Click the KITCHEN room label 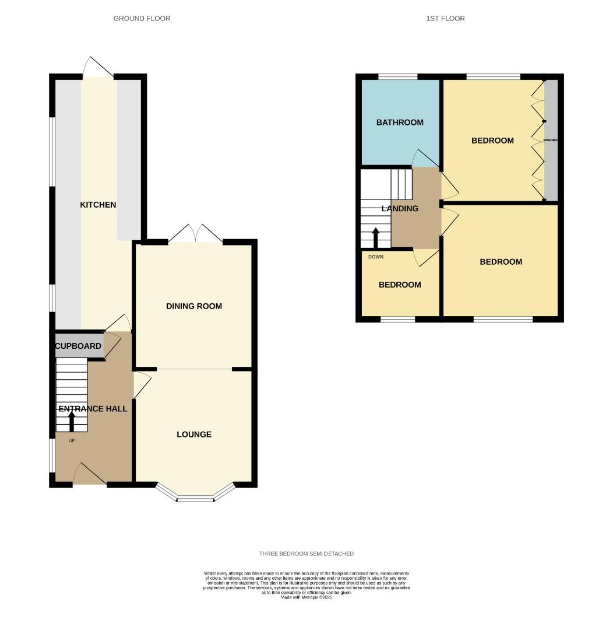pos(98,205)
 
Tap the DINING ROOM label pos(193,306)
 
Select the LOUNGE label pos(194,435)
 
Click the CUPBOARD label pos(78,346)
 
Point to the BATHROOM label pos(400,123)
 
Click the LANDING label pos(400,208)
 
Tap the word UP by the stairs pos(72,440)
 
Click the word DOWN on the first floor pos(376,257)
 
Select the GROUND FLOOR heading pos(142,19)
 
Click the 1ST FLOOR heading pos(445,19)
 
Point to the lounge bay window pos(195,495)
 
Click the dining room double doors pos(195,235)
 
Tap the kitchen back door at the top pos(97,68)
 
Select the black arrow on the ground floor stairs pos(72,422)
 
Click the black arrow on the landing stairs pos(376,237)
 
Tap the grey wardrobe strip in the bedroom pos(551,141)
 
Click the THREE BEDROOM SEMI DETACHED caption pos(306,554)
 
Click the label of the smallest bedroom pos(400,285)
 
